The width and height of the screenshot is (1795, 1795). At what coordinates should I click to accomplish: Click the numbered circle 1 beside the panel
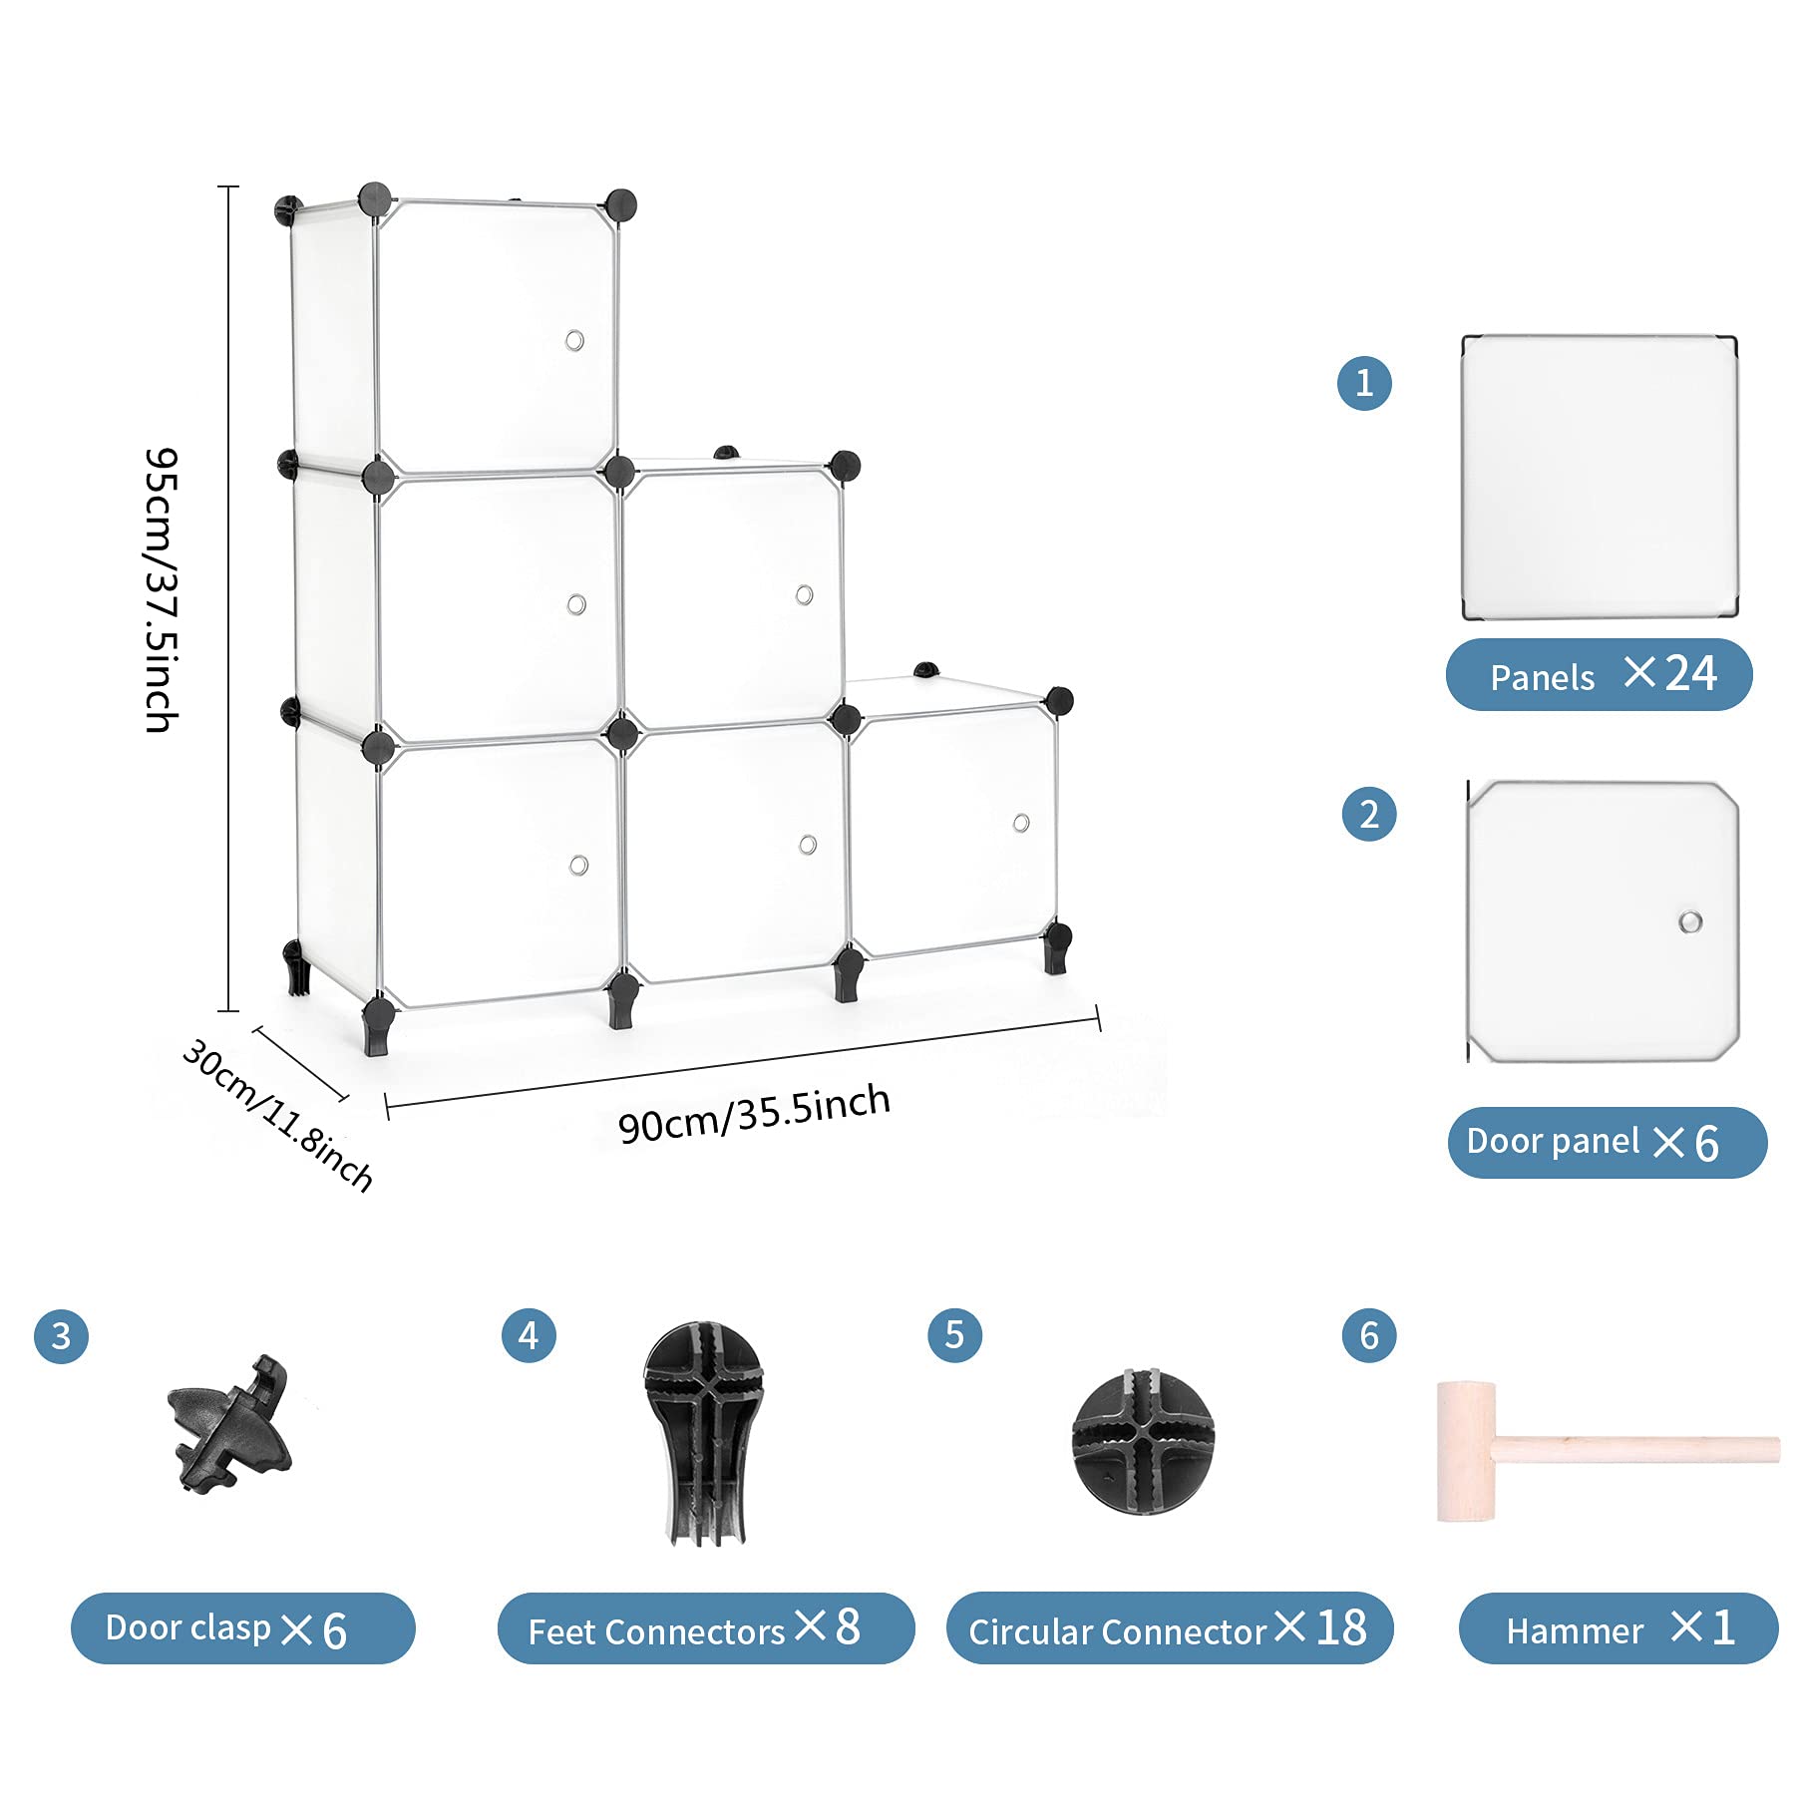[x=1364, y=383]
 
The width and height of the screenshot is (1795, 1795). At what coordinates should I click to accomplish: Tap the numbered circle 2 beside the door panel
[x=1369, y=814]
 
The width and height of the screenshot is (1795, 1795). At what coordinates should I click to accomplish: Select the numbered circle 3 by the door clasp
[x=61, y=1335]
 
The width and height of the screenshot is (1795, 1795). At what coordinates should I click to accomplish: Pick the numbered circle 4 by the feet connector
[x=529, y=1335]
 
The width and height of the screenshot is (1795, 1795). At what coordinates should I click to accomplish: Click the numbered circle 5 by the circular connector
[x=954, y=1335]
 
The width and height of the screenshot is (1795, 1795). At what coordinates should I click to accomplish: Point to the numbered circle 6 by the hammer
[x=1369, y=1335]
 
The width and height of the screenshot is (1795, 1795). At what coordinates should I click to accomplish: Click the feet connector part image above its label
[x=704, y=1434]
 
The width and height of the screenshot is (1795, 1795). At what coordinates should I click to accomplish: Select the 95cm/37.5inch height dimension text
[x=162, y=590]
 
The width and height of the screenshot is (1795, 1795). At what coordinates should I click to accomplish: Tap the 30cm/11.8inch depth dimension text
[x=278, y=1116]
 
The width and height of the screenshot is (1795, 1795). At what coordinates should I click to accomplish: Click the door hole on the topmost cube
[x=574, y=341]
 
